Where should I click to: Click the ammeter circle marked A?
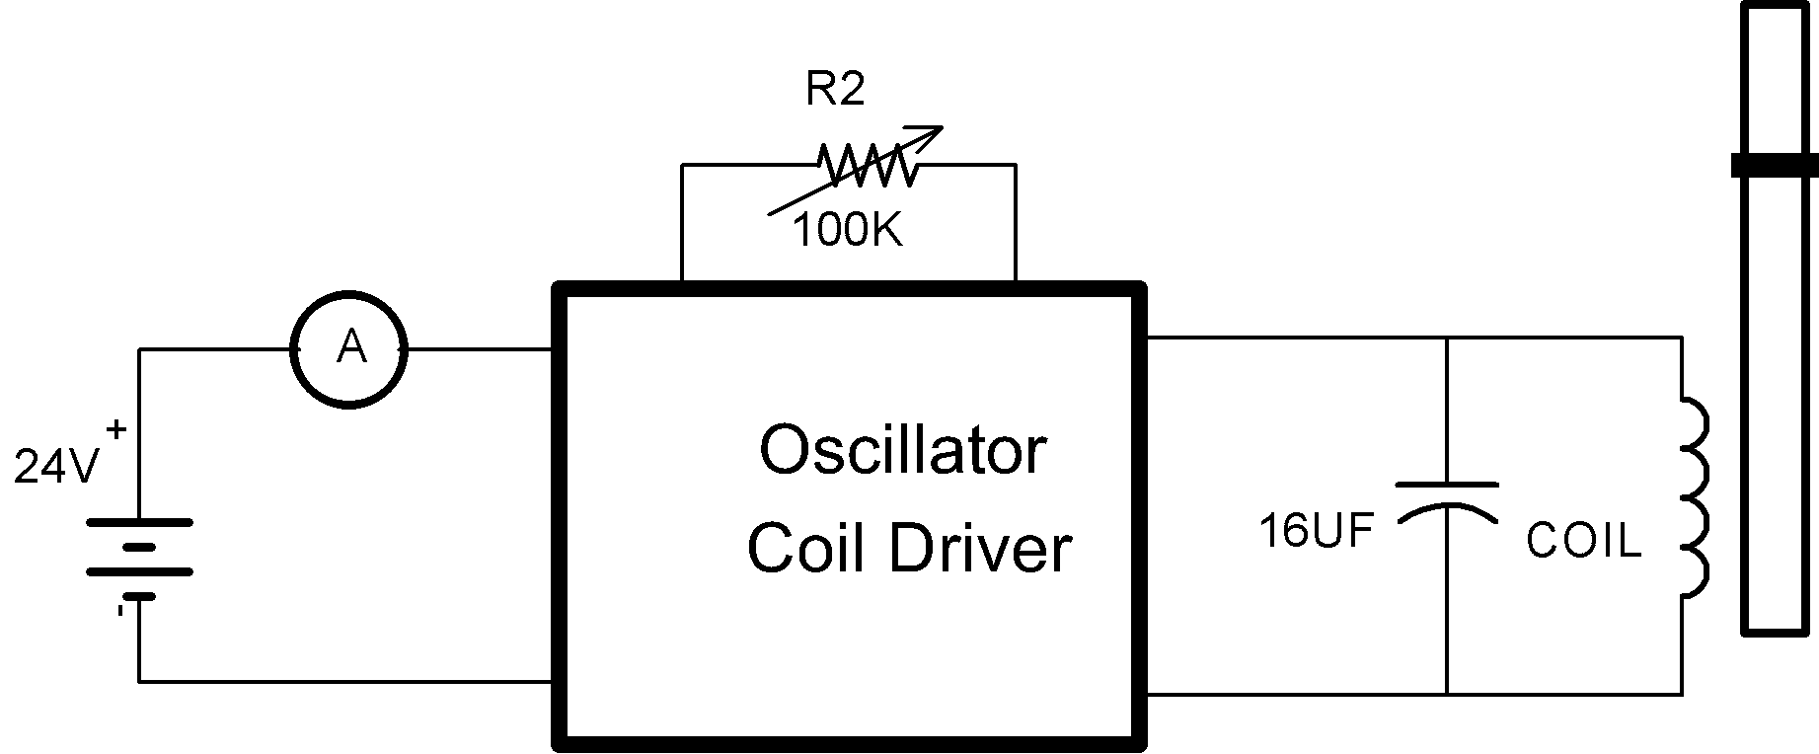[348, 348]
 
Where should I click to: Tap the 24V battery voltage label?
[56, 469]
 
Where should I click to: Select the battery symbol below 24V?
[139, 559]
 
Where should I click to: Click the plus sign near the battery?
[116, 429]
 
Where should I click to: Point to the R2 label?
[835, 90]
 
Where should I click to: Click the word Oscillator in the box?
[902, 450]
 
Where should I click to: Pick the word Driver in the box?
[980, 548]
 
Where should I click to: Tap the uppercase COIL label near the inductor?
[1583, 541]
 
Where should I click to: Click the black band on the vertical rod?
[1776, 165]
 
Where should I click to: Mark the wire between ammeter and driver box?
[479, 348]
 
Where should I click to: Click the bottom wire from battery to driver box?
[345, 681]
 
